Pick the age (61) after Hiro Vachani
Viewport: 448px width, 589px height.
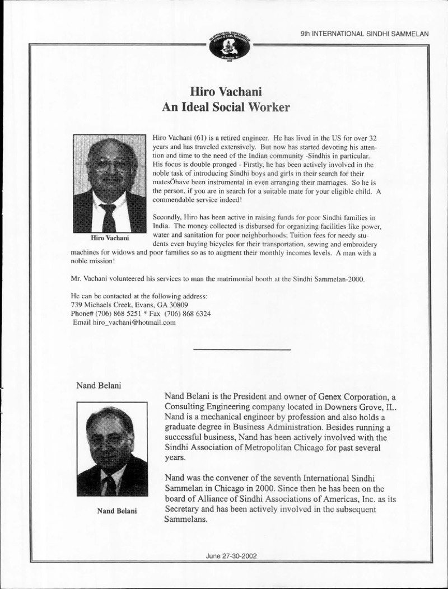click(202, 137)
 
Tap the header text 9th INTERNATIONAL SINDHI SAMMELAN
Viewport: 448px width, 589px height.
click(364, 34)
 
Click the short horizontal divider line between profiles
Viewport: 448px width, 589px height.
click(241, 349)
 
